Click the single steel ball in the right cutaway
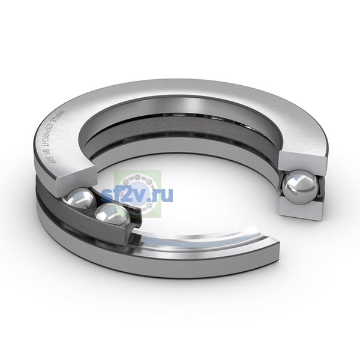[x=301, y=188]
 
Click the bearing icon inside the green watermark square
[x=138, y=194]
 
